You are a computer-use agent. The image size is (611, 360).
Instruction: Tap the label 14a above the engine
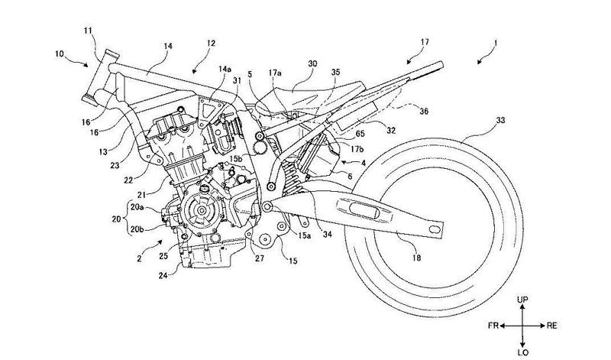[x=225, y=70]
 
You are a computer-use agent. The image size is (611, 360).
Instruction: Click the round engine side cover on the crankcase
[x=202, y=209]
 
